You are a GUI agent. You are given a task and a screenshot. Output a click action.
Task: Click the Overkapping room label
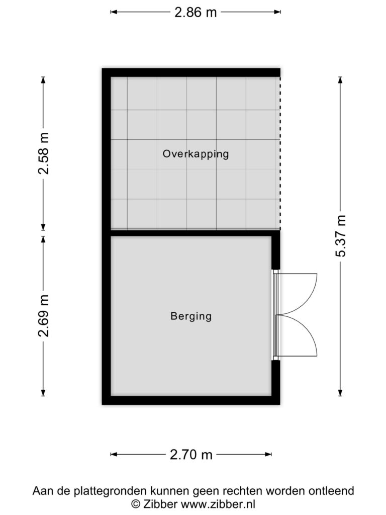pos(196,154)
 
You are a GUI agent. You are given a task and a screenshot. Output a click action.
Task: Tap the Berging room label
pos(191,316)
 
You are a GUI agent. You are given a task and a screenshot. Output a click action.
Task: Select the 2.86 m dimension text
pos(196,13)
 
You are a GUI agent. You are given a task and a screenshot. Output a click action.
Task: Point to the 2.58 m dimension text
pos(43,153)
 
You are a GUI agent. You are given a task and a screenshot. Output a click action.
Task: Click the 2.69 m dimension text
pos(43,316)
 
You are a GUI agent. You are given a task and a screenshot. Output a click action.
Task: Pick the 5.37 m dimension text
pos(341,236)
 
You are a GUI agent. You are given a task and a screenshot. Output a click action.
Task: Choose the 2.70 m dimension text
pos(191,455)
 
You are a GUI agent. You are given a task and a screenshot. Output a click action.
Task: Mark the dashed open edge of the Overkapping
pos(280,153)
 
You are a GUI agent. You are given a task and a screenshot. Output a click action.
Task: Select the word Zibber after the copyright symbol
pos(161,504)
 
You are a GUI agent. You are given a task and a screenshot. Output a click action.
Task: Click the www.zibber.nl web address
pos(218,504)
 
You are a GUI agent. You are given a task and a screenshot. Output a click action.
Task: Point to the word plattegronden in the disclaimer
pos(110,491)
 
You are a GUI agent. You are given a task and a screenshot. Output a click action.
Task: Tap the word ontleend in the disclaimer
pos(331,491)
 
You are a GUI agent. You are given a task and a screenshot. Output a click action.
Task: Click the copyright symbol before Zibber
pos(136,504)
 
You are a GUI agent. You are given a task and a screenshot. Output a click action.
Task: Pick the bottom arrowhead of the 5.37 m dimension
pos(340,393)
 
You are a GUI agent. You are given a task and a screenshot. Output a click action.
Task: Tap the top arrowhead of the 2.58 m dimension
pos(43,80)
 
